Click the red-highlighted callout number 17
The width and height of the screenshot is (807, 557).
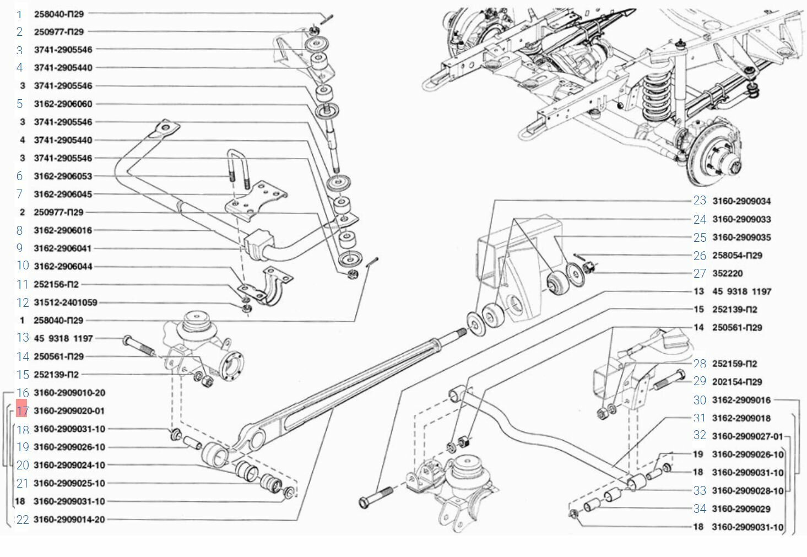pyautogui.click(x=21, y=410)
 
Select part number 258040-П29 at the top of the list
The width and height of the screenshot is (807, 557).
pyautogui.click(x=59, y=14)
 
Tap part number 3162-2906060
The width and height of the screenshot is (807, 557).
pyautogui.click(x=63, y=104)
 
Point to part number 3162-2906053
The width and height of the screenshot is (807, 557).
pyautogui.click(x=63, y=176)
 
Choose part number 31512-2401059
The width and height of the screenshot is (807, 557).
pyautogui.click(x=65, y=302)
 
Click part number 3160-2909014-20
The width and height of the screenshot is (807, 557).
pyautogui.click(x=69, y=520)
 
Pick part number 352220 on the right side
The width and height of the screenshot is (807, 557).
pyautogui.click(x=727, y=273)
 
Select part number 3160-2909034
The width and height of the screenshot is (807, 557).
pyautogui.click(x=741, y=201)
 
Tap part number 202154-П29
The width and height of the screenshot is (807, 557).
pyautogui.click(x=737, y=382)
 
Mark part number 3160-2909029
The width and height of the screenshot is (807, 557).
pyautogui.click(x=741, y=509)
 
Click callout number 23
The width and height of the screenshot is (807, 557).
pyautogui.click(x=700, y=201)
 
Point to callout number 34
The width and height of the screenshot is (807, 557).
pyautogui.click(x=700, y=509)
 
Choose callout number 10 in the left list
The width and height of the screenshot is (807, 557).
pyautogui.click(x=23, y=266)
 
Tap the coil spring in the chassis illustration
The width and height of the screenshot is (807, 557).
pyautogui.click(x=657, y=95)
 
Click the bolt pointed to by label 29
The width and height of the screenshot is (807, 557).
pyautogui.click(x=669, y=380)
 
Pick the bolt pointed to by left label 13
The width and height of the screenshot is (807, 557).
pyautogui.click(x=139, y=345)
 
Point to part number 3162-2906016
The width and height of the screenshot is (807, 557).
pyautogui.click(x=63, y=231)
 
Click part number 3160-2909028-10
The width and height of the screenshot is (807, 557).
pyautogui.click(x=748, y=491)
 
